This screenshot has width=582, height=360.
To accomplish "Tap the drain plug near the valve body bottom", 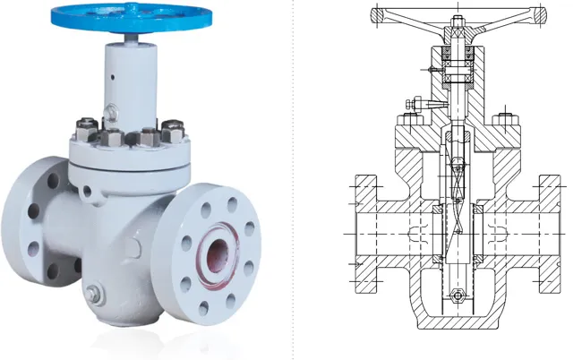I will [x=92, y=293].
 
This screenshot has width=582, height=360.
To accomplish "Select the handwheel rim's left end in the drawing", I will [x=377, y=14].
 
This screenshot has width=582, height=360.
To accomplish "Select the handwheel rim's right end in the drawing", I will [x=540, y=14].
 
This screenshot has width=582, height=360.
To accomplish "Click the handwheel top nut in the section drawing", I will [x=458, y=19].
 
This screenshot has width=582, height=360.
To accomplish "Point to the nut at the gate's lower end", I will [x=458, y=297].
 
